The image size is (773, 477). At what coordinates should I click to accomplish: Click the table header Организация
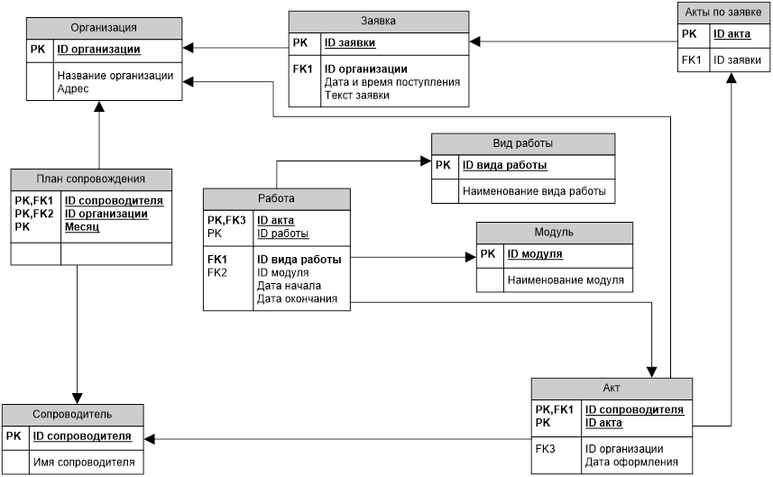tap(103, 28)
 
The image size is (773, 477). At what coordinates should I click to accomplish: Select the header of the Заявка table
tap(379, 20)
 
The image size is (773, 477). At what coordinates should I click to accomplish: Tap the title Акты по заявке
tap(724, 13)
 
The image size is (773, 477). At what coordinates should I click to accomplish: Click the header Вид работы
tap(522, 143)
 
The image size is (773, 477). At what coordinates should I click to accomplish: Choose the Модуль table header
tap(553, 232)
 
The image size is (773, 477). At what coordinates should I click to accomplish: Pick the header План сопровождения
tap(90, 178)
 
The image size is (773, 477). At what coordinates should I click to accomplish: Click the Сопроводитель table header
tap(71, 414)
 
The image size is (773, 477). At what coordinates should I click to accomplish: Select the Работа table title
tap(276, 198)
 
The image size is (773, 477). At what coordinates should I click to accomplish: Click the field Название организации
tap(115, 76)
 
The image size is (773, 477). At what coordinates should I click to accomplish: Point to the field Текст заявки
tap(357, 95)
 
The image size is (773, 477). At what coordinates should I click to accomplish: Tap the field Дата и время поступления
tap(391, 82)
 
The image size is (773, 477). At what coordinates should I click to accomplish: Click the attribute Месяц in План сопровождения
tap(81, 227)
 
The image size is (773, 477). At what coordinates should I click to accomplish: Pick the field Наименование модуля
tap(565, 280)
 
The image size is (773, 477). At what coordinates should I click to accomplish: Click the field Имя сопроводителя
tap(84, 463)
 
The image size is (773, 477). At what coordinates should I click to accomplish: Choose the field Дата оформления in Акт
tap(625, 461)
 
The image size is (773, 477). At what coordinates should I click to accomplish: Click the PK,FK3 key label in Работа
tap(226, 220)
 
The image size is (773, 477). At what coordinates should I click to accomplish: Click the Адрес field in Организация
tap(72, 89)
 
